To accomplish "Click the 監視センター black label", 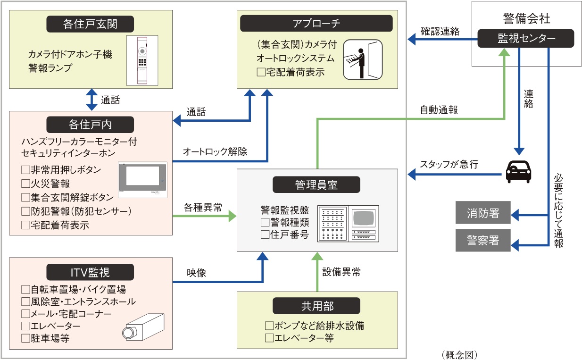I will [x=526, y=38].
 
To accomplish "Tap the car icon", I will [x=518, y=172].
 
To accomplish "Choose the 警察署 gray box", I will [x=483, y=242].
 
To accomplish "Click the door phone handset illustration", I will [x=142, y=60].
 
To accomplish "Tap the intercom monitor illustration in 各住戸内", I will [x=142, y=180].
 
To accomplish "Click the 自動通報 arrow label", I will [x=439, y=110].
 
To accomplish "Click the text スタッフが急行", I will [x=449, y=165].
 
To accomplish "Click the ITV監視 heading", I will [x=90, y=272].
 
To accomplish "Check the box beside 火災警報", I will [x=25, y=184].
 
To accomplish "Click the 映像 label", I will [x=196, y=273].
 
